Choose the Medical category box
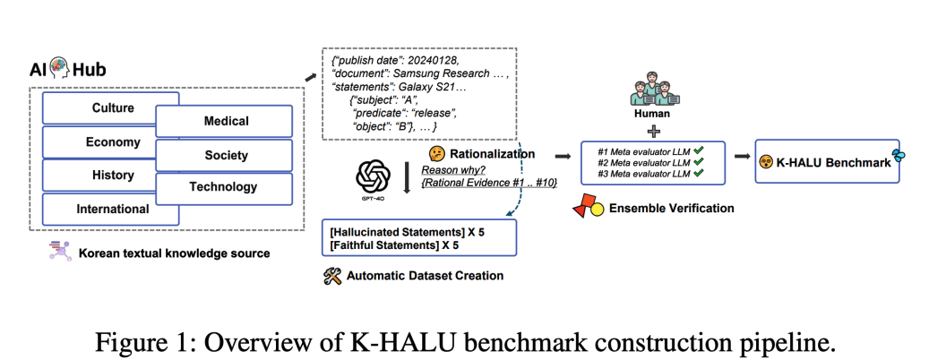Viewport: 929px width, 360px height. [x=226, y=122]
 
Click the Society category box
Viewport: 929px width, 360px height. [x=226, y=155]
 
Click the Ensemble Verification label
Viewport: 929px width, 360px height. [x=671, y=208]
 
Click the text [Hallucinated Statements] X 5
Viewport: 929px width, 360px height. [x=394, y=231]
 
